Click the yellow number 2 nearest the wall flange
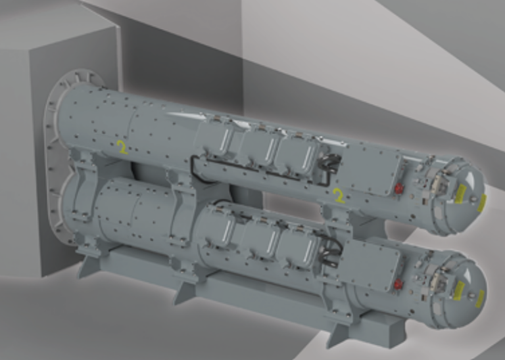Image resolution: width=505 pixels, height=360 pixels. click(x=122, y=147)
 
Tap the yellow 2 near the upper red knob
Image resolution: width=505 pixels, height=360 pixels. click(x=339, y=196)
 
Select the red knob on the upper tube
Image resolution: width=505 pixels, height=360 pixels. click(x=399, y=188)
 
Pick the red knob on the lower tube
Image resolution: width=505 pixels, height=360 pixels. click(x=398, y=284)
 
